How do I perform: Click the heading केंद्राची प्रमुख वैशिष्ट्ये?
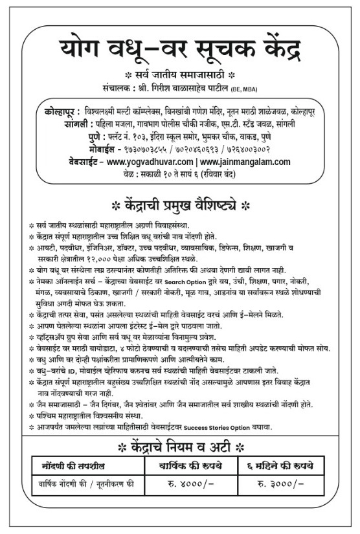pyautogui.click(x=181, y=207)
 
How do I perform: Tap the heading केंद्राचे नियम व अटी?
pyautogui.click(x=181, y=447)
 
